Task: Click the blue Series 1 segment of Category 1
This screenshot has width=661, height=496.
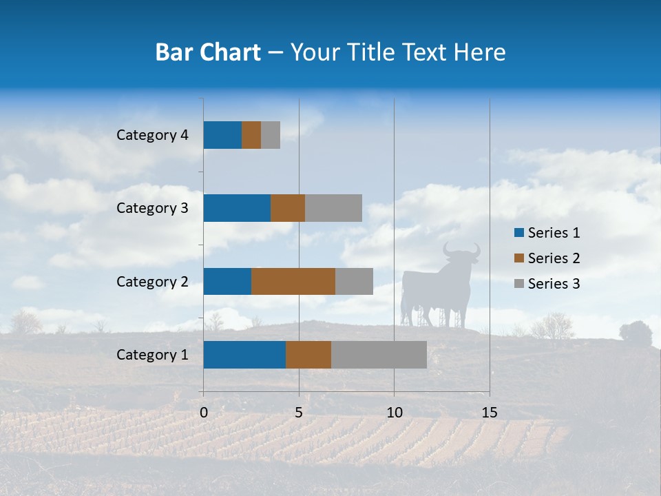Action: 244,355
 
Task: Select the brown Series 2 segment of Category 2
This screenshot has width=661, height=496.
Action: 293,281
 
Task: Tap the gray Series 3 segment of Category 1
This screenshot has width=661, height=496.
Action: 379,355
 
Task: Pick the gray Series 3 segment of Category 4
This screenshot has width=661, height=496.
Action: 271,135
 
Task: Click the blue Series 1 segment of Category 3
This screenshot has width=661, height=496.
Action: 237,208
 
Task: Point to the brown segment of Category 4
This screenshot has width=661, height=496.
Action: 251,135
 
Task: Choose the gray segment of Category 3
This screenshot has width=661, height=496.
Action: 333,208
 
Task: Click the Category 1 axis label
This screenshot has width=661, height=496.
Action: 152,355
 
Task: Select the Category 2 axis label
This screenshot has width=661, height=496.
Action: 152,281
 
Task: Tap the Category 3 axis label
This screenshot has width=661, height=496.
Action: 152,208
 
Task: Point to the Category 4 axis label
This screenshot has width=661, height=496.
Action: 152,135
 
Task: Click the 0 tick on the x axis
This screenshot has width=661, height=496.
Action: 204,413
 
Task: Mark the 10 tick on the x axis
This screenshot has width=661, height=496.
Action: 394,413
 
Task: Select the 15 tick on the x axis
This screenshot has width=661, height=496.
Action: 489,413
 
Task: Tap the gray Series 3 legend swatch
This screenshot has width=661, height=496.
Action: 518,284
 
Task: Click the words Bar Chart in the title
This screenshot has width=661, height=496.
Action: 208,52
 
